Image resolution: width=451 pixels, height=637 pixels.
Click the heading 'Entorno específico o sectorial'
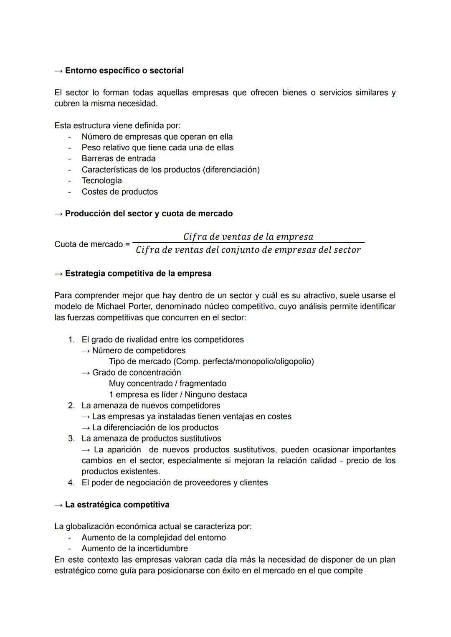(x=124, y=71)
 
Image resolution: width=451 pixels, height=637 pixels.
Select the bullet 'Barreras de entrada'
(x=118, y=159)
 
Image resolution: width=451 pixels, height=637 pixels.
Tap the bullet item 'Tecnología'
(x=101, y=180)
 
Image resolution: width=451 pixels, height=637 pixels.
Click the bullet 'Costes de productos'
(x=119, y=192)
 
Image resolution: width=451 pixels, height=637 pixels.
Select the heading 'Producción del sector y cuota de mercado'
(x=149, y=213)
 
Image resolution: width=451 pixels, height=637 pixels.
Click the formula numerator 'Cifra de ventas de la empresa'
(x=248, y=237)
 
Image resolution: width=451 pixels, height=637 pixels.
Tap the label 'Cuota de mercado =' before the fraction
(x=92, y=244)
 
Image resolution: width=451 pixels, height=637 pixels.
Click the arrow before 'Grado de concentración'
(x=86, y=373)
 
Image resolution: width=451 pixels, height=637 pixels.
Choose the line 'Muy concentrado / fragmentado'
(x=167, y=383)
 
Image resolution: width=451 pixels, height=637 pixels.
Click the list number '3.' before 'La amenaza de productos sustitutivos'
(x=71, y=439)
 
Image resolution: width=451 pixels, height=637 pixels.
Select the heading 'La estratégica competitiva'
(x=117, y=505)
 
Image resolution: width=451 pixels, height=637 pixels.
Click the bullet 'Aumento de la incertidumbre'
(x=134, y=548)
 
